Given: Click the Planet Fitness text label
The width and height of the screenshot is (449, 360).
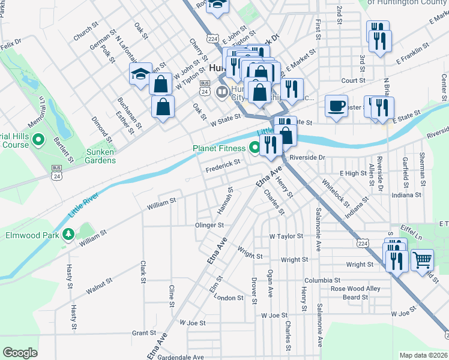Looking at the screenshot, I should coord(218,148).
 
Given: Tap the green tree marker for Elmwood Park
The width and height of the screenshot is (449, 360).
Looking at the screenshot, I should coord(68,235).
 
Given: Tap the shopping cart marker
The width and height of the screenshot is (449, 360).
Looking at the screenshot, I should coord(423,259).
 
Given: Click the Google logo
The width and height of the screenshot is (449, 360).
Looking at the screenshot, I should coord(20,353).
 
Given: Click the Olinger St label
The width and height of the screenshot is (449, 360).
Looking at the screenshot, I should coord(209,225).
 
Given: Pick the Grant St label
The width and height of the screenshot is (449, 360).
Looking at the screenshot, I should coord(144,333).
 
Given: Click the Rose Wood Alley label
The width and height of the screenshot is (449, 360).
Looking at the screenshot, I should coord(355,289).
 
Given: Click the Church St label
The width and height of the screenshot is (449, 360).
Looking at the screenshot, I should coord(86,32).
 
